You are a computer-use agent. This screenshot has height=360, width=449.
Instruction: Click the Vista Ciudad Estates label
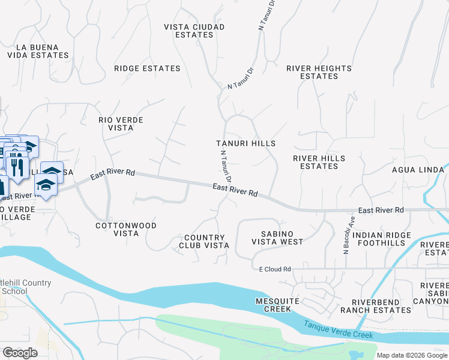click(x=194, y=31)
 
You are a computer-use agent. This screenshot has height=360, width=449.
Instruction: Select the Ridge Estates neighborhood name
click(x=147, y=68)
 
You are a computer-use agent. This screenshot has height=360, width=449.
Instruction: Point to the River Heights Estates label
click(x=319, y=72)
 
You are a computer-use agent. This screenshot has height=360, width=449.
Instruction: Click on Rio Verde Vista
click(x=121, y=124)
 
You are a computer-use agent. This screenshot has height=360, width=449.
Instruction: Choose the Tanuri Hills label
click(x=246, y=143)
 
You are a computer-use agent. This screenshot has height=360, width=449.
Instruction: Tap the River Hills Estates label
click(x=319, y=162)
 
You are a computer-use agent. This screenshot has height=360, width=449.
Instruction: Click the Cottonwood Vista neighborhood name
click(x=126, y=229)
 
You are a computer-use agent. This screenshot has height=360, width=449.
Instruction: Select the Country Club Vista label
click(x=204, y=242)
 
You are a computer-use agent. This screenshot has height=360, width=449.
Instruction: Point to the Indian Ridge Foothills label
click(x=382, y=239)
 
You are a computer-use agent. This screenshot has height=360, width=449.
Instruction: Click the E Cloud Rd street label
click(x=271, y=269)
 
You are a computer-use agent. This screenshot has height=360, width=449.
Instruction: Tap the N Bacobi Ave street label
click(x=346, y=240)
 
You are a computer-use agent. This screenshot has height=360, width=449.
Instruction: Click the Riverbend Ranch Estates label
click(x=376, y=306)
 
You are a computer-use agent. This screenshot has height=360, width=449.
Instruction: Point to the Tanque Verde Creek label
click(x=338, y=329)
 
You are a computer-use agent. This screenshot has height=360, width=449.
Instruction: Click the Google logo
click(x=19, y=353)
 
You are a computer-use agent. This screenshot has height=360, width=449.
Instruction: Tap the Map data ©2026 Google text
click(x=412, y=355)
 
